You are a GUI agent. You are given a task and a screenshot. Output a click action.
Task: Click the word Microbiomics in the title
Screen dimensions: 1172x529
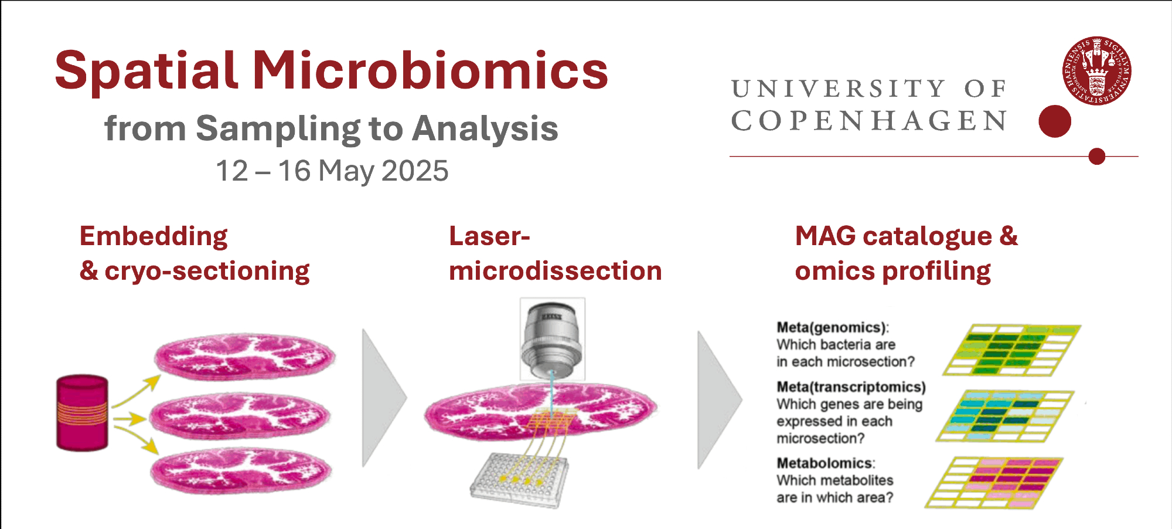click(431, 70)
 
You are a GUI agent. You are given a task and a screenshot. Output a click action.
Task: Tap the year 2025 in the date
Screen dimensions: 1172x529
click(415, 171)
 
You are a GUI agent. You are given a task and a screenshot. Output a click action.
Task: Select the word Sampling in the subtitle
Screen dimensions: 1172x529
click(278, 129)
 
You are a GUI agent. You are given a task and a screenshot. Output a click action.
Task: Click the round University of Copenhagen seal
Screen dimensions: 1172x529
click(1096, 71)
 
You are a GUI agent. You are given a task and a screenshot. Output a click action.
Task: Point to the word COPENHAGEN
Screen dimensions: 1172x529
click(870, 121)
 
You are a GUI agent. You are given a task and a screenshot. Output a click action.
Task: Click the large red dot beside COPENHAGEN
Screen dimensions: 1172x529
click(1055, 121)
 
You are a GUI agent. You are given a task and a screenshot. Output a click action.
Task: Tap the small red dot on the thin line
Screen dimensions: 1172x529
click(1096, 157)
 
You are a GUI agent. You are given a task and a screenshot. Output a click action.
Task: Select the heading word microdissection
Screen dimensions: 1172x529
click(556, 271)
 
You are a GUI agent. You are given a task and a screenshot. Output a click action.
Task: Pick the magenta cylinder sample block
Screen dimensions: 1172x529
click(82, 413)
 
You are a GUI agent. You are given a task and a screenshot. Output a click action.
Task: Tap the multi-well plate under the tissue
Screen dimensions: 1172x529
click(519, 479)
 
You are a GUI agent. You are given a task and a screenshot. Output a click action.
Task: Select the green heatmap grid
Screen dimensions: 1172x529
click(1012, 350)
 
